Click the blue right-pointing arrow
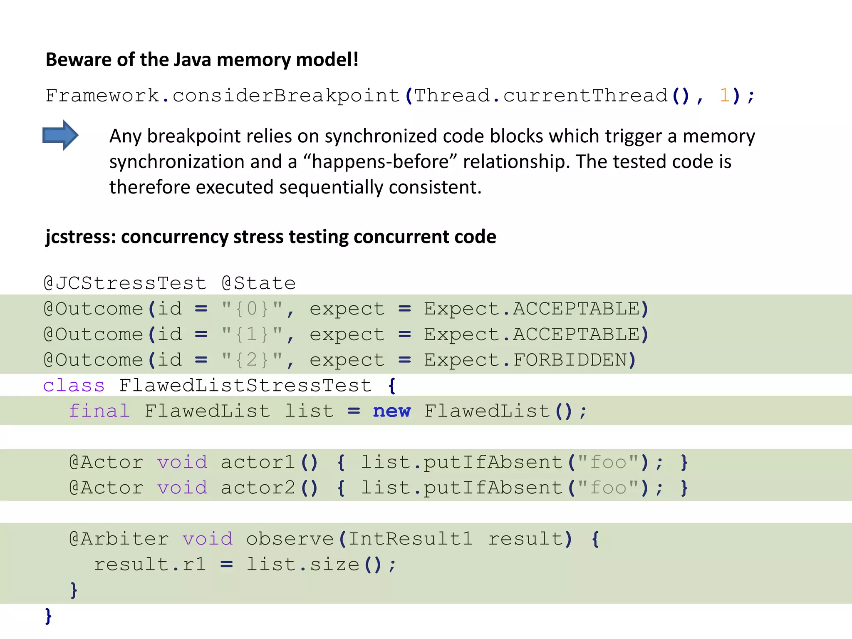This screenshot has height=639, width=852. (60, 135)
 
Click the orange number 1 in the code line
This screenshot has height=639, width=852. (725, 96)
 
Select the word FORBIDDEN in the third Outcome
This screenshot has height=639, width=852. (570, 360)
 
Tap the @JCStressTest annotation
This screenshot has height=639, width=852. (125, 284)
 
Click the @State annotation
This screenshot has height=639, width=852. (259, 284)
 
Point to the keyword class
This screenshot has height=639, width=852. (74, 386)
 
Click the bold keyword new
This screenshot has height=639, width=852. (391, 411)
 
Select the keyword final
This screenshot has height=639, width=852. (99, 411)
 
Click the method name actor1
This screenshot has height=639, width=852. (258, 463)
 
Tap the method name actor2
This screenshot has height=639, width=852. (258, 488)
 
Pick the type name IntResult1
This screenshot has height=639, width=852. (410, 539)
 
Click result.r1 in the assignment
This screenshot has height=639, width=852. (150, 565)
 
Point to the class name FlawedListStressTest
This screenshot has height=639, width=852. (245, 386)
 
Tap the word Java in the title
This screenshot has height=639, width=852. (192, 60)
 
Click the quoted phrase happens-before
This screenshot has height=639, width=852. (381, 162)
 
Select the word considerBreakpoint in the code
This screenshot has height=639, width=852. (286, 96)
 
